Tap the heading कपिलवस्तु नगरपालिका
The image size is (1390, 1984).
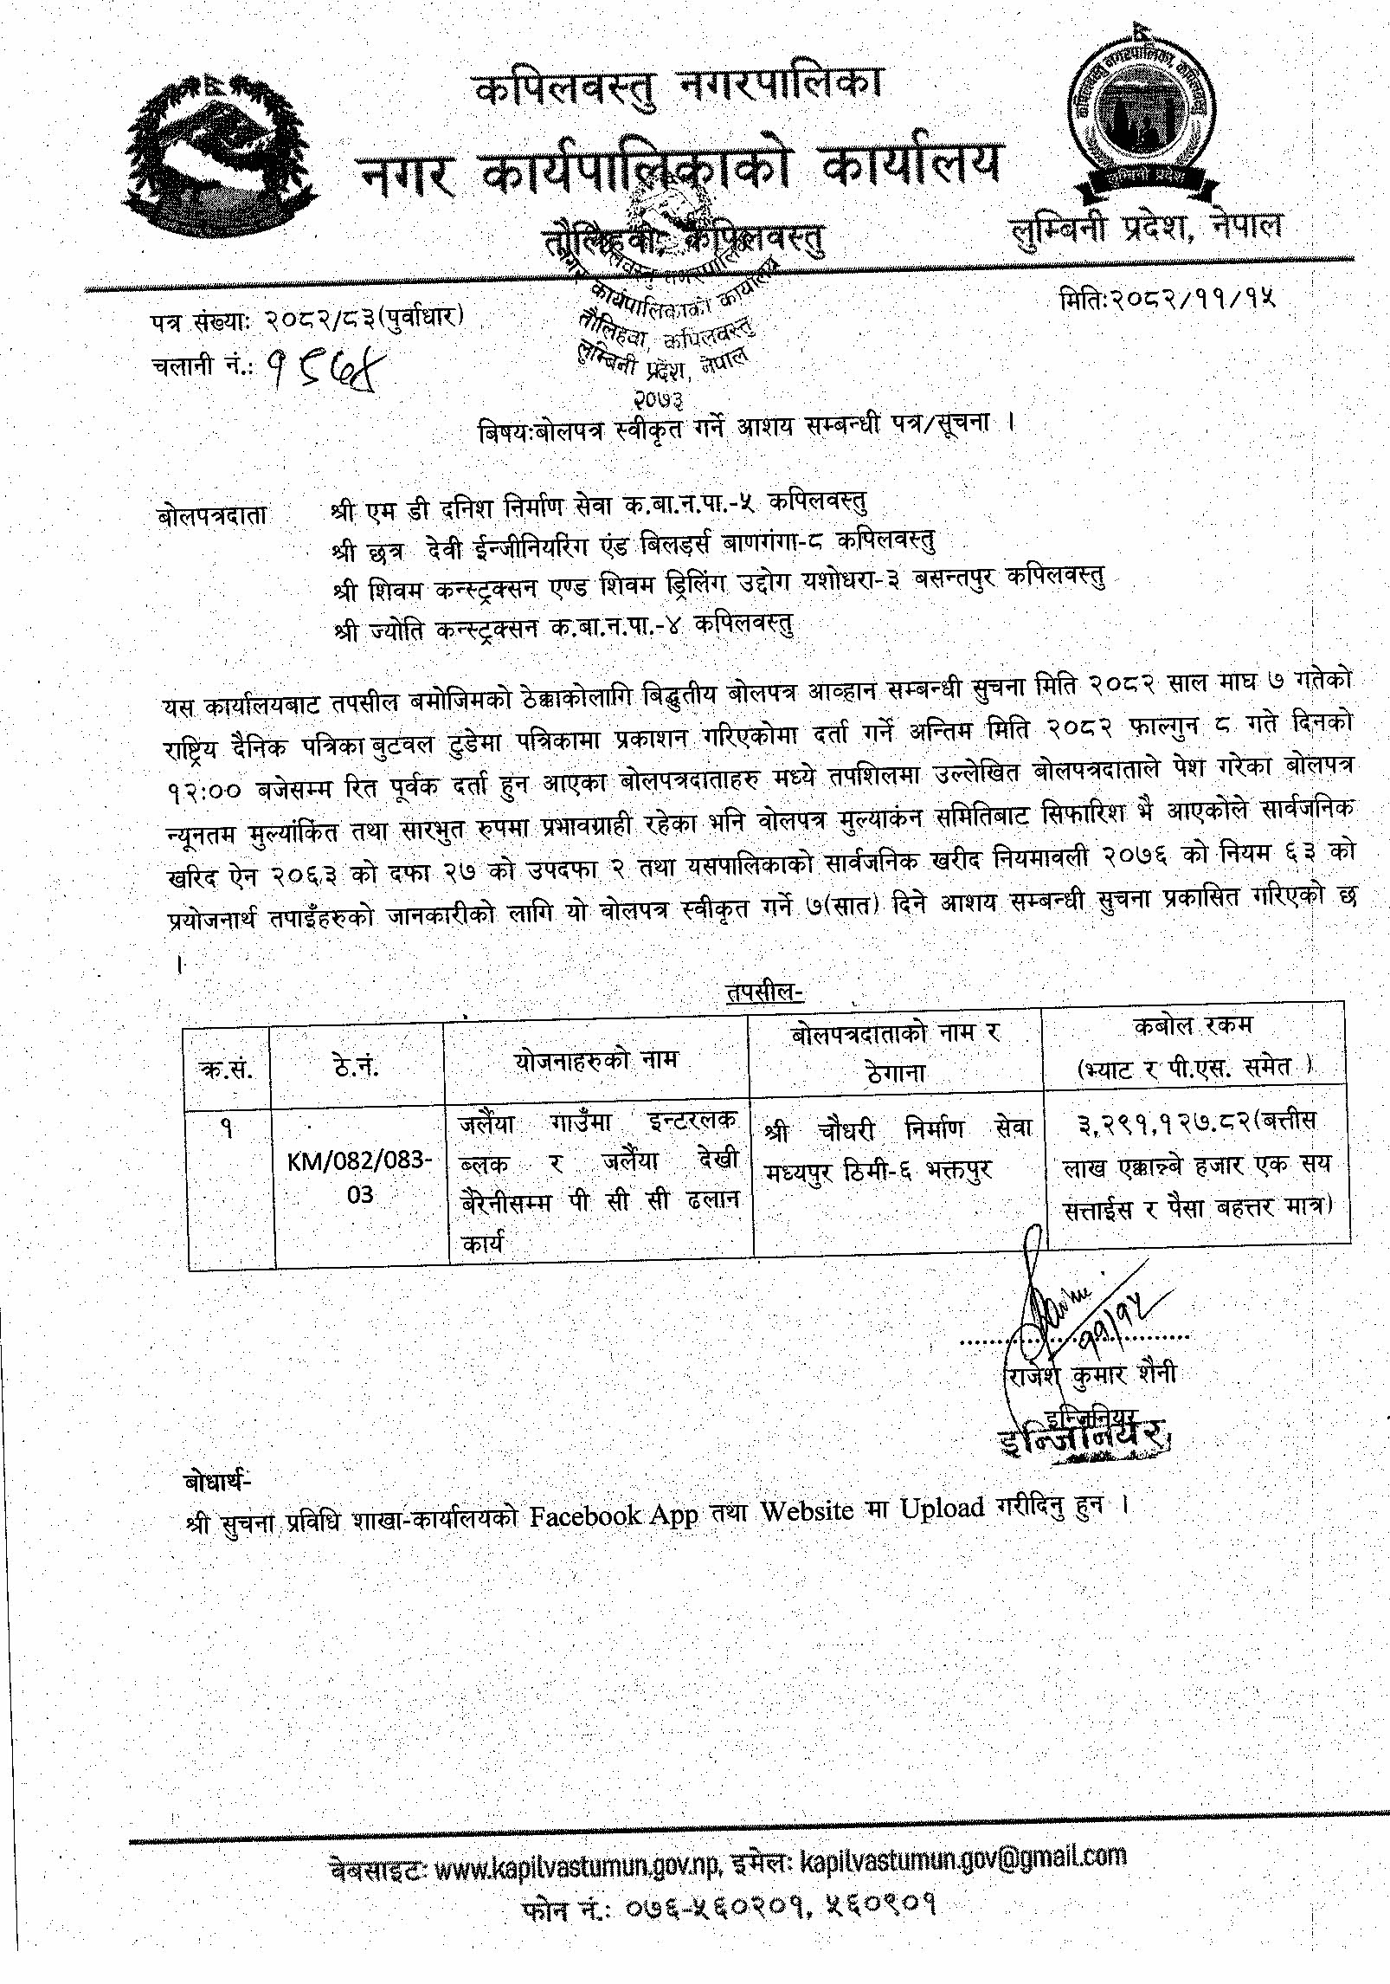click(x=679, y=92)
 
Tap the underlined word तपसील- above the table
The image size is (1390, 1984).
click(x=765, y=993)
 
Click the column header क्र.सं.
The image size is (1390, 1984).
click(x=226, y=1070)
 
